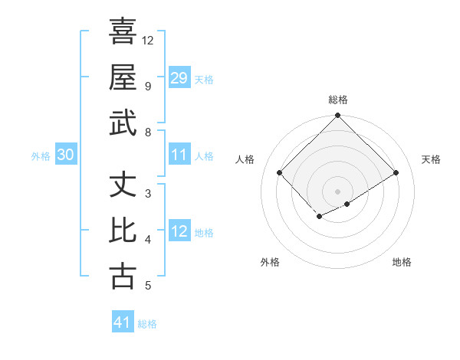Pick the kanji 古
[123, 276]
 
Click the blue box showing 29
[179, 77]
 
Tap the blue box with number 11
[179, 155]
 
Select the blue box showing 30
[65, 155]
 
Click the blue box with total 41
[123, 322]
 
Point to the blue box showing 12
[179, 231]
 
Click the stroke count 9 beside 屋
[148, 87]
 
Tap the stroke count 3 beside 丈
[148, 194]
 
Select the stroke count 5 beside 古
[148, 286]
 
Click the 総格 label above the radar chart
[337, 100]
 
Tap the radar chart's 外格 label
[270, 262]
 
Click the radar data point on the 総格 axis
[337, 116]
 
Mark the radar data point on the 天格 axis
[396, 173]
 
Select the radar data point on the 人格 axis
[280, 173]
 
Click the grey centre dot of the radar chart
[337, 191]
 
